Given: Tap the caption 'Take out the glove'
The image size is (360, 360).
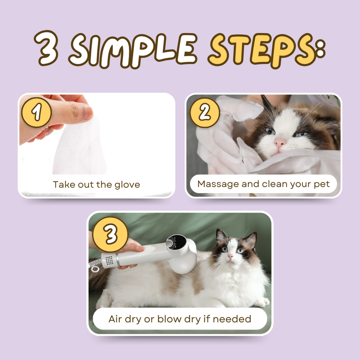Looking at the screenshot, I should tap(96, 185).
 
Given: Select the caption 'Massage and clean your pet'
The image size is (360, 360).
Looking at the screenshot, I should tap(264, 184).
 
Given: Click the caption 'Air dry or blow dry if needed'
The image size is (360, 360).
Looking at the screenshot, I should tap(180, 319).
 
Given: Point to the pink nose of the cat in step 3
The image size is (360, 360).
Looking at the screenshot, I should tap(230, 256).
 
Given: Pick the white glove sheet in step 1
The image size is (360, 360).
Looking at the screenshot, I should tap(81, 148).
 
